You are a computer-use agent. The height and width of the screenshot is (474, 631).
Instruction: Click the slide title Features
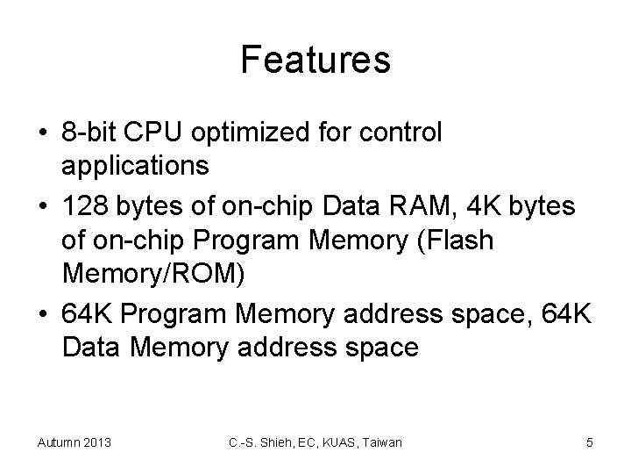point(315,61)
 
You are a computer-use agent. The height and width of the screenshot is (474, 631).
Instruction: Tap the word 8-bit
point(92,133)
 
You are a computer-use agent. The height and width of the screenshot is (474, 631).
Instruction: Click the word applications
point(136,164)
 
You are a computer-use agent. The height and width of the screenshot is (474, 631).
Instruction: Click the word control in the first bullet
point(402,133)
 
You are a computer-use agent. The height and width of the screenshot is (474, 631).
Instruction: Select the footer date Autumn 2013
point(74,442)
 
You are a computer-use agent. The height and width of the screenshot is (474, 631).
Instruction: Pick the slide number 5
point(589,442)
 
